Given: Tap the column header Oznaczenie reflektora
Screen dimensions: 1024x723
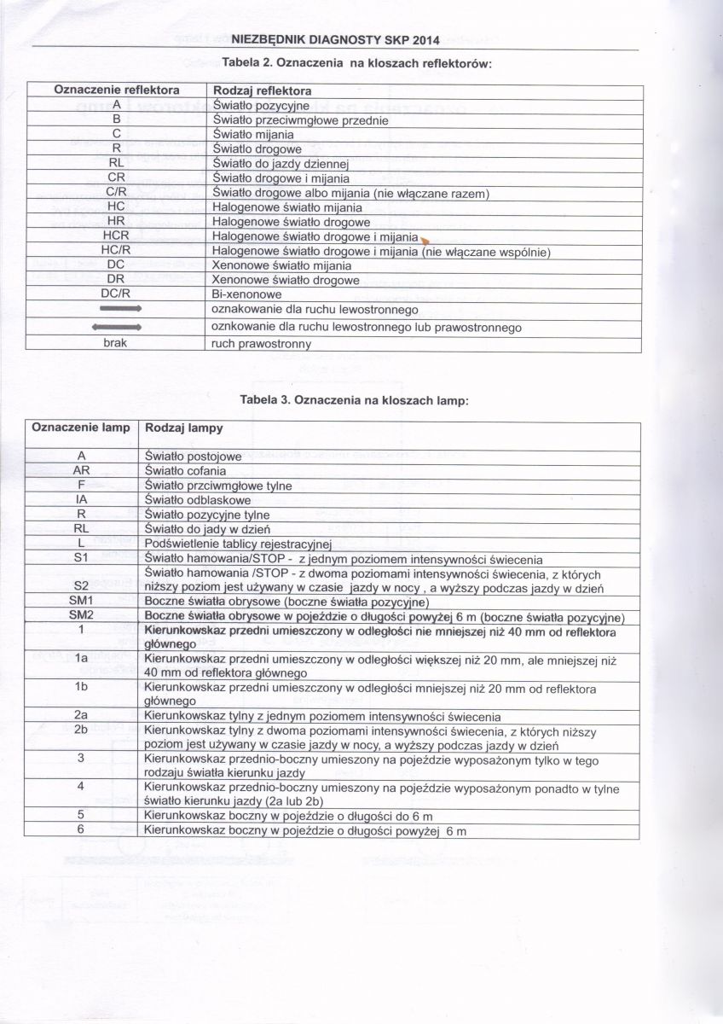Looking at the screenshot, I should pos(117,90).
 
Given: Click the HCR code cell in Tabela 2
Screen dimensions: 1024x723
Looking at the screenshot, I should pos(116,236).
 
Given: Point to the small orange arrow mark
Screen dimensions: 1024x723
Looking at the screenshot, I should pos(424,240).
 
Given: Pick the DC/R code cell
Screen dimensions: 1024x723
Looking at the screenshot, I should pos(114,294).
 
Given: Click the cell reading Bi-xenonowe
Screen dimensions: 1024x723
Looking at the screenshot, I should pos(246,295).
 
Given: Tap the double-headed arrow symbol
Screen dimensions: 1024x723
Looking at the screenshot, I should pos(115,327).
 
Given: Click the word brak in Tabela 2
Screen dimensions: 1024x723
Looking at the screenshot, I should pos(114,343).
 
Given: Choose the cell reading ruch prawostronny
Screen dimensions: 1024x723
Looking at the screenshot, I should pos(261,344).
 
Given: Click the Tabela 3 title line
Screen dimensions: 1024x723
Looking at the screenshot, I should pos(356,399).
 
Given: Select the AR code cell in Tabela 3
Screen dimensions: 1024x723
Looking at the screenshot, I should pos(82,471).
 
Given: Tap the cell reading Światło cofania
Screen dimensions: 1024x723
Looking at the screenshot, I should pos(185,471).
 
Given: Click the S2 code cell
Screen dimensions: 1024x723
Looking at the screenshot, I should pos(82,585).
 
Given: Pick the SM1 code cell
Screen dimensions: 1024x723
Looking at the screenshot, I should pos(82,602).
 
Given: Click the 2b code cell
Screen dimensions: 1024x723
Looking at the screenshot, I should pos(82,730).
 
